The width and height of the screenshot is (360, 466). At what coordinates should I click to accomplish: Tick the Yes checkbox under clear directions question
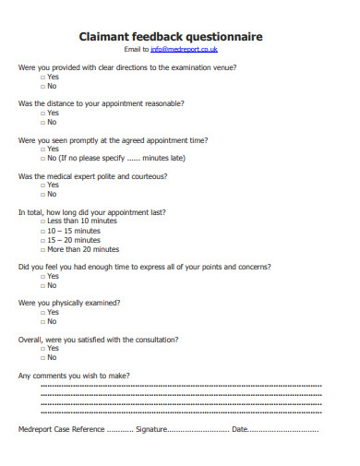[42, 77]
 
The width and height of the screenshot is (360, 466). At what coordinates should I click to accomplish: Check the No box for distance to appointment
[42, 121]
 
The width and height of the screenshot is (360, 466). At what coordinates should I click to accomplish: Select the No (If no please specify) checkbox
[42, 158]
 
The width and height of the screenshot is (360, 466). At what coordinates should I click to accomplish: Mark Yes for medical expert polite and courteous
[42, 185]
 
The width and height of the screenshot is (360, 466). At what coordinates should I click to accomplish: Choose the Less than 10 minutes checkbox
[42, 221]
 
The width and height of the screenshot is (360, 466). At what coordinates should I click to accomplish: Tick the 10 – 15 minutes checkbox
[42, 231]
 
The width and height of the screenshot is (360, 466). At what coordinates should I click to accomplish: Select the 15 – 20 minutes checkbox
[42, 240]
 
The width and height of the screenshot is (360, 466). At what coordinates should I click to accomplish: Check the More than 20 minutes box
[42, 249]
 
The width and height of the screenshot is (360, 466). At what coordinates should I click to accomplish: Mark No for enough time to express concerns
[42, 285]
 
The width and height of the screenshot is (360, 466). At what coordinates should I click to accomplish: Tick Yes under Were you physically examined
[42, 312]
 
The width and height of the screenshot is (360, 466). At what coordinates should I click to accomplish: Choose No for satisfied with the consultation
[42, 357]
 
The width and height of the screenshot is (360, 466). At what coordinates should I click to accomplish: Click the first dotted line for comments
[181, 387]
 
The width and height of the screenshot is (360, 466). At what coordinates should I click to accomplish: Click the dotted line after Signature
[198, 430]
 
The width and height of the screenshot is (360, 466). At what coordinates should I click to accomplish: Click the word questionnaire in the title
[221, 36]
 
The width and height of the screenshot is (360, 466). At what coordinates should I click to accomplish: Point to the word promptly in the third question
[90, 139]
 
